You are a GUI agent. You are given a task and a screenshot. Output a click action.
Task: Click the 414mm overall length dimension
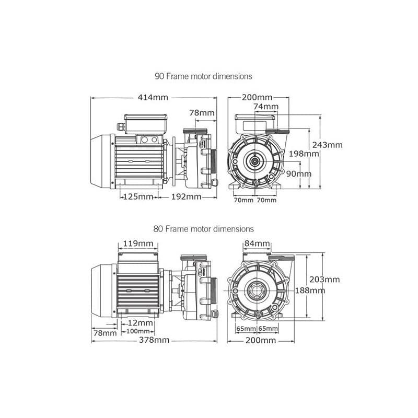click(153, 97)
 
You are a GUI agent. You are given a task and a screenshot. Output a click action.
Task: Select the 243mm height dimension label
click(328, 145)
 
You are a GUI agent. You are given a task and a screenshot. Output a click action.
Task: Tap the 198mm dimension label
click(304, 154)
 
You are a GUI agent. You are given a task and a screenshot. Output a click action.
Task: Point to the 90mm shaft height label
click(298, 174)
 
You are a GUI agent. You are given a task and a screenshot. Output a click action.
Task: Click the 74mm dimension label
click(266, 107)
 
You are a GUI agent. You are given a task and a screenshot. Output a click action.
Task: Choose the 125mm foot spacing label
click(138, 197)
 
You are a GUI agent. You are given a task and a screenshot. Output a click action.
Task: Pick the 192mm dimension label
click(186, 197)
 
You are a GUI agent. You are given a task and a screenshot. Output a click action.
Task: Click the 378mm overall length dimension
click(154, 340)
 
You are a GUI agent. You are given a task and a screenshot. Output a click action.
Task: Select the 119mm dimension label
click(138, 243)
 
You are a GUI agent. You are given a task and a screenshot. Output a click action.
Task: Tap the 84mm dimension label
click(257, 243)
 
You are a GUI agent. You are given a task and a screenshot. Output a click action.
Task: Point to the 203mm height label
click(324, 280)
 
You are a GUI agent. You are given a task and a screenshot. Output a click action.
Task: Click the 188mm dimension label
click(310, 291)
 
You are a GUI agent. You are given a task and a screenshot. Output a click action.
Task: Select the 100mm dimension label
click(138, 331)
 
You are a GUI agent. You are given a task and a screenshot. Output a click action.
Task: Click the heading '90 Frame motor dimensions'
click(203, 76)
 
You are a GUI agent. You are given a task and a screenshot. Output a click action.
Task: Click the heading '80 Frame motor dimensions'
click(203, 229)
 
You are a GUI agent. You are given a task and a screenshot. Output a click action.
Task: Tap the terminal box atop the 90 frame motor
click(146, 124)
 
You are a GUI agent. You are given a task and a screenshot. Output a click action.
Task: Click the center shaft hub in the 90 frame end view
click(255, 161)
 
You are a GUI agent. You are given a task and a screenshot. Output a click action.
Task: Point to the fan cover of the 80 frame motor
click(102, 291)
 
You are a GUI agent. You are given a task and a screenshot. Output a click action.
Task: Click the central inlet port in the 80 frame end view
click(257, 290)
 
